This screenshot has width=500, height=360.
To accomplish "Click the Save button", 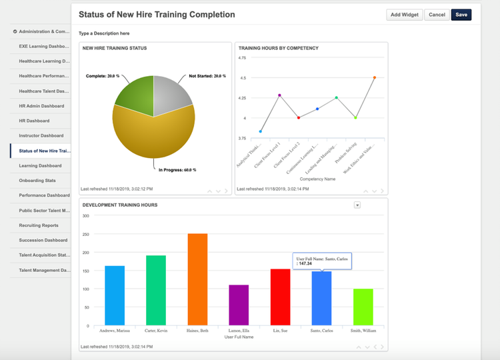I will click(x=461, y=15).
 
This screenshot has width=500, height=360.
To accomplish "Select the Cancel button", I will click(x=437, y=15).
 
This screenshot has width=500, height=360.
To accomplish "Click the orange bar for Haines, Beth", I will click(x=197, y=279).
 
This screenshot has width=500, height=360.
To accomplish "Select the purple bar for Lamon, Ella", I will click(x=239, y=305).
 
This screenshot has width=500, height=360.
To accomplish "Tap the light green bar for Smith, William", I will click(x=363, y=307).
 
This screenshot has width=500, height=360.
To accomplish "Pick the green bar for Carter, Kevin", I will click(x=156, y=291).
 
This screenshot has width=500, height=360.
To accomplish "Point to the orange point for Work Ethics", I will click(x=374, y=78).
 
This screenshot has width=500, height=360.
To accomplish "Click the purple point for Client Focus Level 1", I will click(x=279, y=95).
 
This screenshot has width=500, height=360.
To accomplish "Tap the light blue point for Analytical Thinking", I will click(x=260, y=131).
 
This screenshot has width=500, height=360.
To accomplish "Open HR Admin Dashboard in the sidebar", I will click(x=41, y=106).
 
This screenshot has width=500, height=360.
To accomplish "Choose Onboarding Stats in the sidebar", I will click(x=37, y=181).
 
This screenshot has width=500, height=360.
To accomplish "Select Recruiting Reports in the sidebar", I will click(x=39, y=225).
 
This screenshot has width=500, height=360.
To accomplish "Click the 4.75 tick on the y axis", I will click(x=242, y=58).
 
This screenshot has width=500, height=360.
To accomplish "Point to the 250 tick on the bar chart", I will click(x=85, y=234).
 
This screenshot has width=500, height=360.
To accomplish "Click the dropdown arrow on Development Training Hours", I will click(x=357, y=205).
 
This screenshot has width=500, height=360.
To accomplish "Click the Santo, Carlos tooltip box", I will click(x=323, y=261).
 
